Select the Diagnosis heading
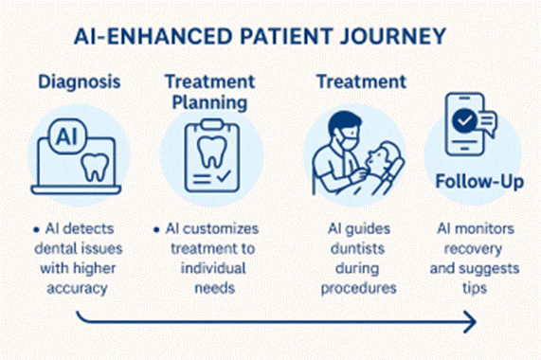tap(81, 81)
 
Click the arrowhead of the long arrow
tap(471, 324)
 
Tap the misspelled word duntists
tap(355, 249)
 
